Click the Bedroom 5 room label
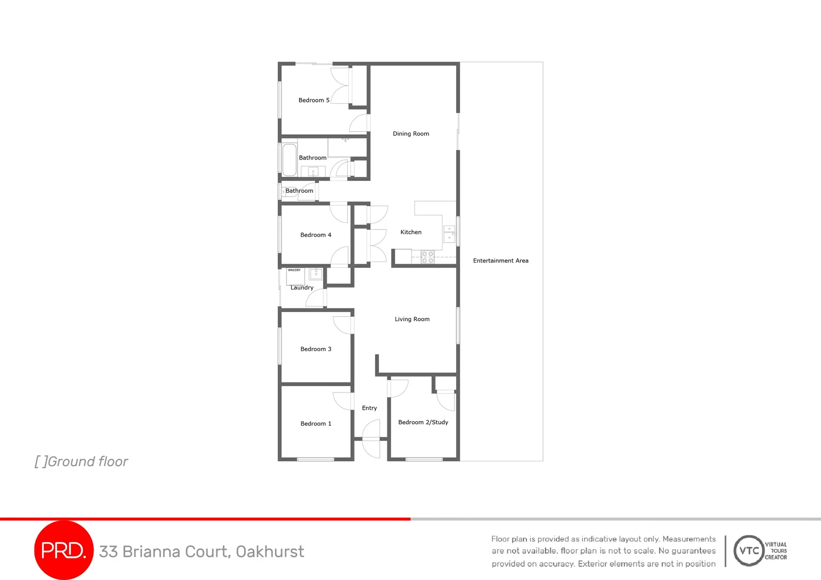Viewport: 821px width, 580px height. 314,100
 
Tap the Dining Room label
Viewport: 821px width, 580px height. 411,134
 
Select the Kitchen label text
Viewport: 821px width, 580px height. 411,232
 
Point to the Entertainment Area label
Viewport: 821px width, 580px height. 501,261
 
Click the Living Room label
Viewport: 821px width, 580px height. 412,319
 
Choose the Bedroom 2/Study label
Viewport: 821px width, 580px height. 423,422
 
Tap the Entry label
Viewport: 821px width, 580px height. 370,408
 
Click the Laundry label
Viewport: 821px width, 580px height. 302,288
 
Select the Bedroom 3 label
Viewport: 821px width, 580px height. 316,349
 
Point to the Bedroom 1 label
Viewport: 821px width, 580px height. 316,424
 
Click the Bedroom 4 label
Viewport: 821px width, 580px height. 316,235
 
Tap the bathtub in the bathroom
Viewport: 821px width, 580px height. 289,160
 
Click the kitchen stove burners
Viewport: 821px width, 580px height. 428,257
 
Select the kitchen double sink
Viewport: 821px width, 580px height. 449,233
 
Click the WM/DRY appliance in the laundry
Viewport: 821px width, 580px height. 295,275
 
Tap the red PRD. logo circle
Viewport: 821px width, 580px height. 63,550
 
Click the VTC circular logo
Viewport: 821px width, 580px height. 749,550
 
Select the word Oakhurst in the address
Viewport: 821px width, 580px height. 270,552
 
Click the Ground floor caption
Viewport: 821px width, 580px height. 82,462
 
